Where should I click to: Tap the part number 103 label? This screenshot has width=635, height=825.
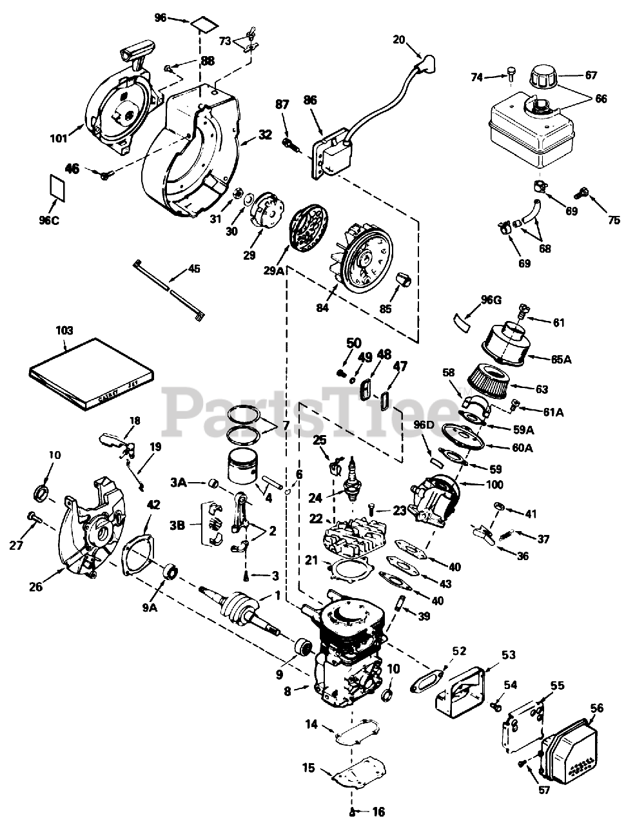pyautogui.click(x=64, y=331)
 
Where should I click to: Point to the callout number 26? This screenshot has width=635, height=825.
pyautogui.click(x=37, y=587)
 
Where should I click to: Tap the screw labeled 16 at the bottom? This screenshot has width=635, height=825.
pyautogui.click(x=352, y=810)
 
